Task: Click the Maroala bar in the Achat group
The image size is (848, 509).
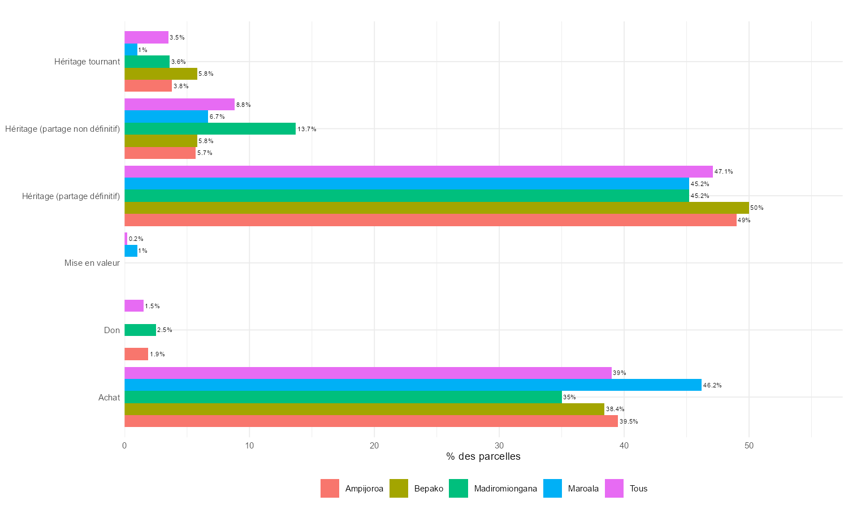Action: pos(413,385)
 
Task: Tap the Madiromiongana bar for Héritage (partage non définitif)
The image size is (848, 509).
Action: pos(210,129)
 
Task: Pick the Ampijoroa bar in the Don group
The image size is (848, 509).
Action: pos(136,354)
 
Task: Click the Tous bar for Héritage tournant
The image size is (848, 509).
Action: pos(146,37)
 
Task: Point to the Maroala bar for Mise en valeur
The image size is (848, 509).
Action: pos(131,251)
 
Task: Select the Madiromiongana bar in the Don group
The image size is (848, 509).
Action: pos(140,330)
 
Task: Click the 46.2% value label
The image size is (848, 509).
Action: pos(712,386)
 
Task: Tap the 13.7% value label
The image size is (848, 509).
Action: pos(307,130)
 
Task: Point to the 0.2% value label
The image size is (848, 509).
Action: pos(136,239)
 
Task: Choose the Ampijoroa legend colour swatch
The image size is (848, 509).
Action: pos(330,489)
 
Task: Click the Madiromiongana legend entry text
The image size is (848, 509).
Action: pos(505,489)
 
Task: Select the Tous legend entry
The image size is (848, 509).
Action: pos(638,489)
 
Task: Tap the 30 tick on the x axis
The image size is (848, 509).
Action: pos(499,446)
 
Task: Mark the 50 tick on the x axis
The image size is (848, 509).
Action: pos(749,446)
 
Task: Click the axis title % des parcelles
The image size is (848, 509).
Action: pos(483,456)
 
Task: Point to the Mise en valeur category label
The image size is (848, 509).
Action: pos(92,263)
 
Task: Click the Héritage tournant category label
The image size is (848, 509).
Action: pos(87,62)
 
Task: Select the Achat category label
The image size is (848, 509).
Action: pos(109,398)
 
